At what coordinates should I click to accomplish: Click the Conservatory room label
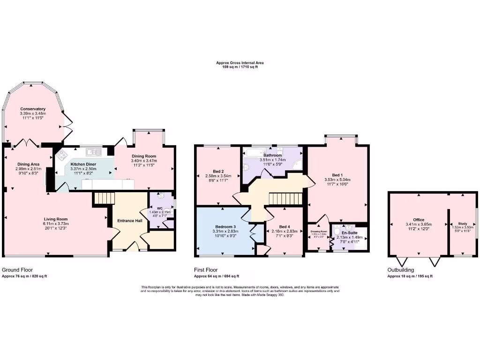tap(33, 109)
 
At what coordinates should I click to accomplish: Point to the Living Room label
tap(56, 219)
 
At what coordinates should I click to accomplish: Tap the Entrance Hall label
tap(129, 221)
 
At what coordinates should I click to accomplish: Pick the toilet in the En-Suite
tap(337, 233)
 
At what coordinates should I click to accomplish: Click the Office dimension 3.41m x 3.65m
tap(419, 225)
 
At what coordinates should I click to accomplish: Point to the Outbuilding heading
tap(401, 270)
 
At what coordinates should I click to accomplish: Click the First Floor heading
tap(206, 270)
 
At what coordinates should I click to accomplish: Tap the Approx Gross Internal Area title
tap(240, 63)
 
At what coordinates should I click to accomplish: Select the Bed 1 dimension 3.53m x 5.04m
tap(337, 180)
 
